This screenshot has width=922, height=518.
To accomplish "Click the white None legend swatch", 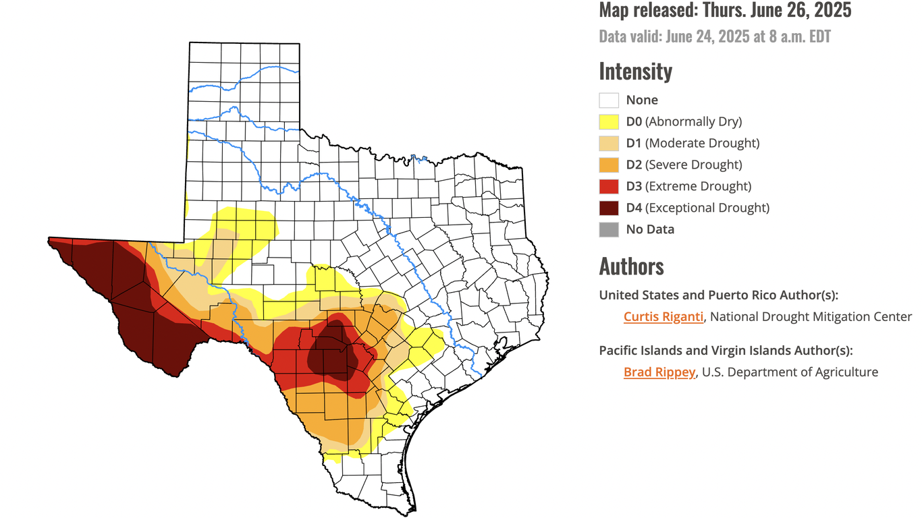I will click(x=609, y=100).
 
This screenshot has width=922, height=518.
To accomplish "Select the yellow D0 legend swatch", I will click(x=609, y=121).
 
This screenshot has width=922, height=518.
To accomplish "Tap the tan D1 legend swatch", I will click(x=609, y=143).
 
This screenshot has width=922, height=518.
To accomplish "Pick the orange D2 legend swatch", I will click(x=609, y=165).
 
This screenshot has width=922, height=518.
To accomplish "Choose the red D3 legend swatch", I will click(x=609, y=186).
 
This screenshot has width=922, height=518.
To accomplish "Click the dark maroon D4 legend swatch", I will click(x=609, y=208).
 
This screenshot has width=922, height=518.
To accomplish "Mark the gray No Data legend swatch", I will click(x=609, y=229).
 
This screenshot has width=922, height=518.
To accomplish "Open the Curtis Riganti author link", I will click(x=663, y=316).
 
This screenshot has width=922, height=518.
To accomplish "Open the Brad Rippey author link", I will click(x=659, y=372).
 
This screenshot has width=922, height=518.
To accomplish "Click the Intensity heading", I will click(x=635, y=71).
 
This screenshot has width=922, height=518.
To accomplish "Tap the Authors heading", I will click(x=631, y=266).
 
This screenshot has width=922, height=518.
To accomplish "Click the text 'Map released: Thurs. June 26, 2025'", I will click(x=725, y=10).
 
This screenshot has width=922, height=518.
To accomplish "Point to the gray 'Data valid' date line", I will click(x=714, y=36).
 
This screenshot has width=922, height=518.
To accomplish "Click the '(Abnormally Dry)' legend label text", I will click(x=693, y=121).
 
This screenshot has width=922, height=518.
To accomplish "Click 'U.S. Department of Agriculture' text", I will click(x=790, y=372).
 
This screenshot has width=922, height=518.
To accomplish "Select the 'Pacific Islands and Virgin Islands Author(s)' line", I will click(x=726, y=350).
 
